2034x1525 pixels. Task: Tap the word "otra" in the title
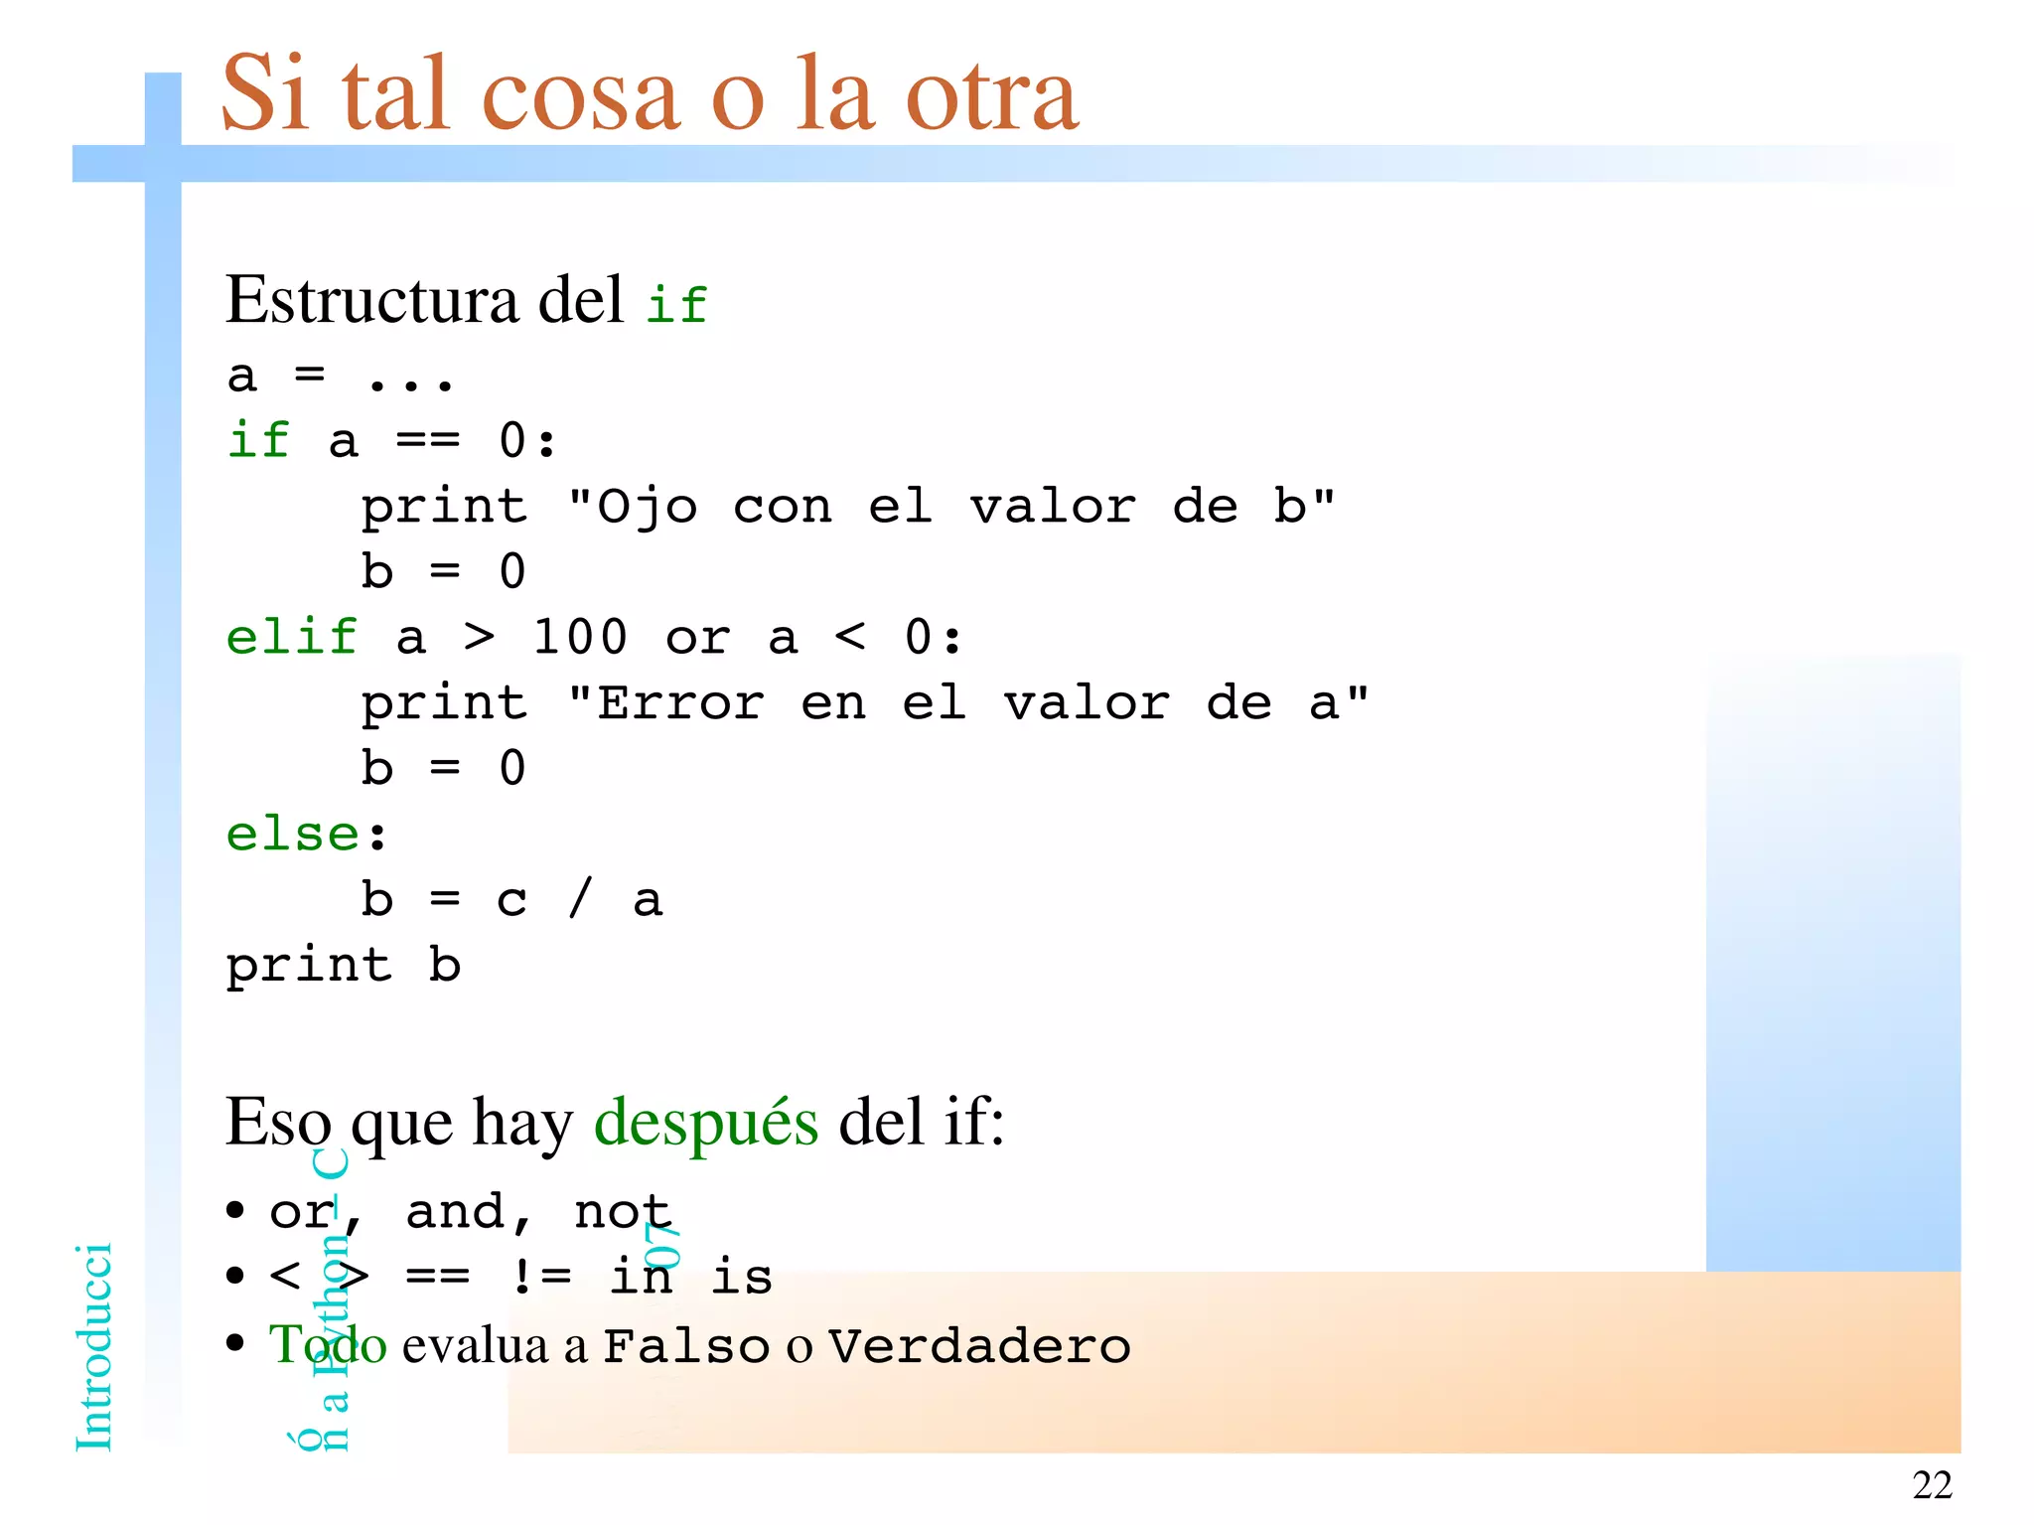992,95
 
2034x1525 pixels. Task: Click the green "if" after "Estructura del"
676,304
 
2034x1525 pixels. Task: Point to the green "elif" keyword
291,637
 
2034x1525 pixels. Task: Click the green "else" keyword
292,834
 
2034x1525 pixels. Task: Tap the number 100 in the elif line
580,637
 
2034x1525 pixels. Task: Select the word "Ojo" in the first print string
648,508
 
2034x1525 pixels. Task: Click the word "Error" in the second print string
681,704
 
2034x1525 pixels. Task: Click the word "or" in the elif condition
698,639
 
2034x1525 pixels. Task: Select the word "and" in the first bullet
456,1212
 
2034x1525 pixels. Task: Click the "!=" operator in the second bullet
541,1277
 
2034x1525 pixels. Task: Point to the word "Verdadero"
979,1347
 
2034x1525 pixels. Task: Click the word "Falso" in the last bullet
686,1347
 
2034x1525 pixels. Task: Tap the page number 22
1932,1485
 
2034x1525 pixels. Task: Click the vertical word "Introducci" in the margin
94,1347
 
